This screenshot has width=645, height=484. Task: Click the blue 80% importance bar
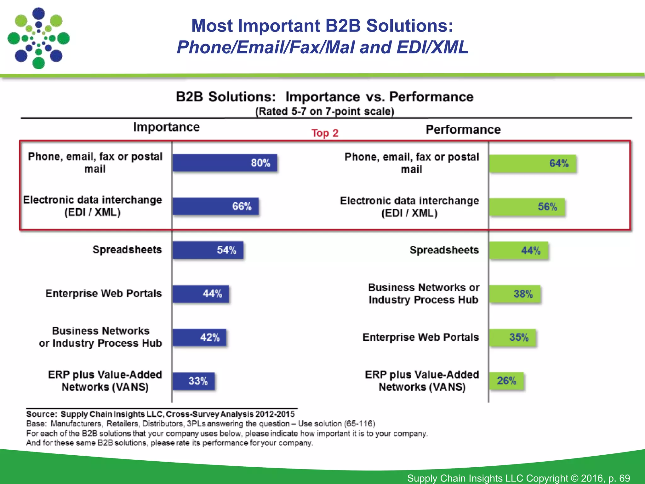click(x=225, y=163)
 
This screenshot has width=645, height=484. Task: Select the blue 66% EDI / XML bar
click(x=216, y=206)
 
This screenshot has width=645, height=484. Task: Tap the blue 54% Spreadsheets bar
click(x=208, y=250)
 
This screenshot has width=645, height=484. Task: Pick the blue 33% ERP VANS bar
click(x=194, y=381)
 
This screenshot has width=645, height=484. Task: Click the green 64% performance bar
click(x=532, y=164)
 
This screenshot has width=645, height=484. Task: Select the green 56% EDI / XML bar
click(x=527, y=207)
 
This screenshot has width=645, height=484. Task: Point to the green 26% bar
click(x=506, y=381)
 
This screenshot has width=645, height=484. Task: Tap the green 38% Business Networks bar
click(x=515, y=294)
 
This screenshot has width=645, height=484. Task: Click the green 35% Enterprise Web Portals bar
click(x=512, y=337)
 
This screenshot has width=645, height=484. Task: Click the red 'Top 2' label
click(x=325, y=133)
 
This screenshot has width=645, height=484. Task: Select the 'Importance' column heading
click(x=166, y=127)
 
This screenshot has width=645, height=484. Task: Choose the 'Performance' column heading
click(x=463, y=130)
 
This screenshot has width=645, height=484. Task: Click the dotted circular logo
click(x=38, y=38)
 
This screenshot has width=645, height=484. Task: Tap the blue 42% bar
click(x=199, y=337)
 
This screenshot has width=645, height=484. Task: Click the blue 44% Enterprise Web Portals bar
click(x=201, y=294)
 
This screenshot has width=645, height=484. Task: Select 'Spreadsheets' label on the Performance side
click(x=444, y=250)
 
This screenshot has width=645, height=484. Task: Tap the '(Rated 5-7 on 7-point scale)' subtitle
click(x=325, y=112)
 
